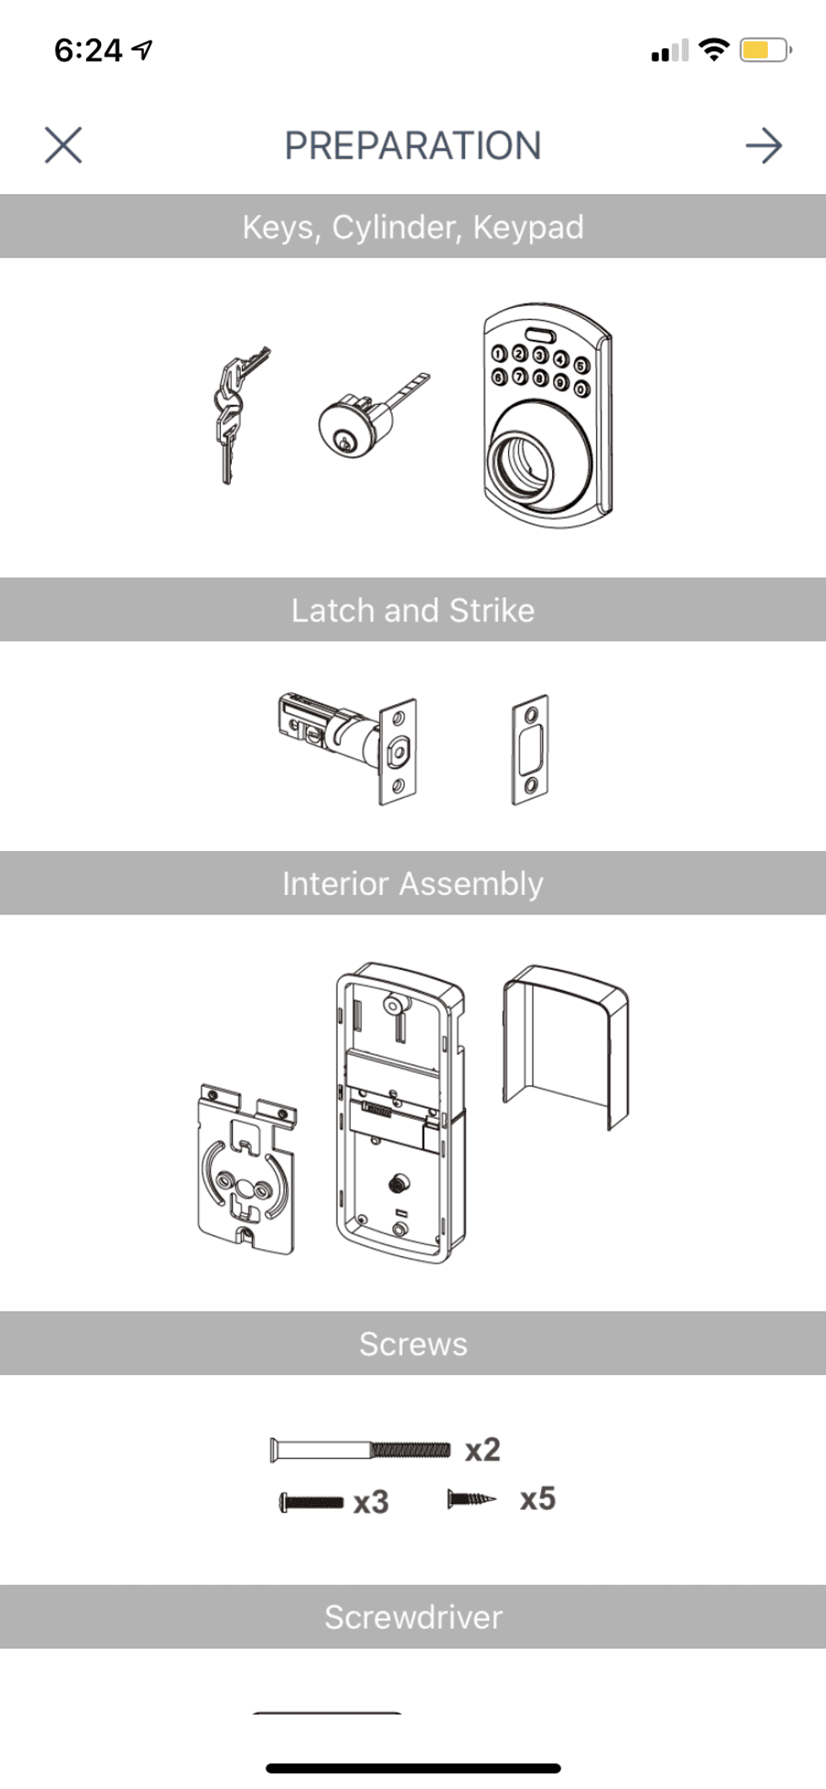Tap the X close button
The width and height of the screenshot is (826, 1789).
pos(63,145)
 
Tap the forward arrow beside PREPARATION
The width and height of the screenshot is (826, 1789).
pos(764,146)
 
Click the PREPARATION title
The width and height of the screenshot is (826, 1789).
pos(412,146)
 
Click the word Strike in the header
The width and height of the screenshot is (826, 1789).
pos(491,610)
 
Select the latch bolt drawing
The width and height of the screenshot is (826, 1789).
pos(348,741)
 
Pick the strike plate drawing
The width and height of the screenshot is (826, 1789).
pos(531,748)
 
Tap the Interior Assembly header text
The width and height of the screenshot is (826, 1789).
pos(412,883)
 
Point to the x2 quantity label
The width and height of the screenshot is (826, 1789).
pos(483,1450)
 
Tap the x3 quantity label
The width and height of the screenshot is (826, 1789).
pos(371,1502)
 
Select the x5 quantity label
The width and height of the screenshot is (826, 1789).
pos(538,1499)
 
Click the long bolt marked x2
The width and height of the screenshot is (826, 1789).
pos(360,1449)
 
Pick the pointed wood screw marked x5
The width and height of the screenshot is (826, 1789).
pos(472,1499)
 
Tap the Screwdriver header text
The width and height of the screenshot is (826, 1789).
pos(413,1617)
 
